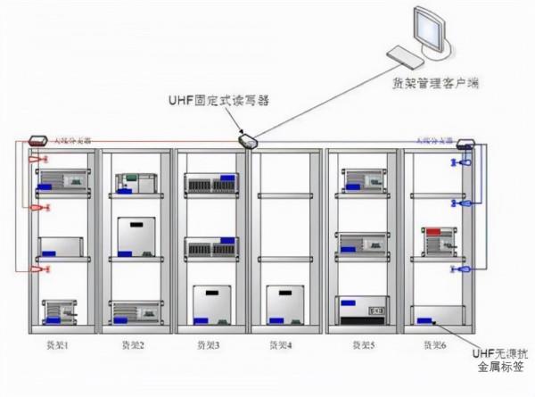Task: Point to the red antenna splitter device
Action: pos(38,140)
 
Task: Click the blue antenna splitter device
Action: pos(465,143)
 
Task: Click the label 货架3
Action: pos(211,343)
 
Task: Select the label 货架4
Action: pos(286,343)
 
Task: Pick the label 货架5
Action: pos(362,343)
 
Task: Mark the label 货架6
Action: pos(436,343)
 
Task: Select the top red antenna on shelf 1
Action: pos(38,161)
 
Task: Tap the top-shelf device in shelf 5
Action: pos(361,181)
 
